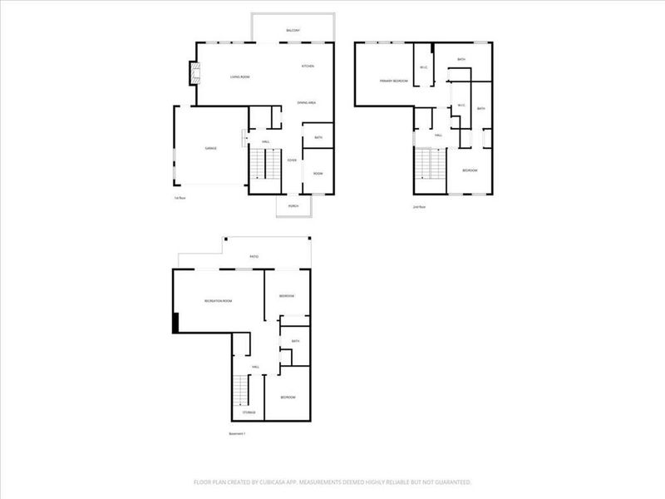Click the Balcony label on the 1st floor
293,31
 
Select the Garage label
211,148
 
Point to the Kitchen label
307,66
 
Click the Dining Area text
306,102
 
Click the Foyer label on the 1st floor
292,160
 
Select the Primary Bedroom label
393,81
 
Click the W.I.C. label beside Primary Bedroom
423,67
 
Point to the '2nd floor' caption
418,206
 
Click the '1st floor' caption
179,198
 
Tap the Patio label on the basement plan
254,256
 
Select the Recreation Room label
218,299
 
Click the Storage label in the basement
249,413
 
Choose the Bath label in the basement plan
295,341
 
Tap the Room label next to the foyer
318,173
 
